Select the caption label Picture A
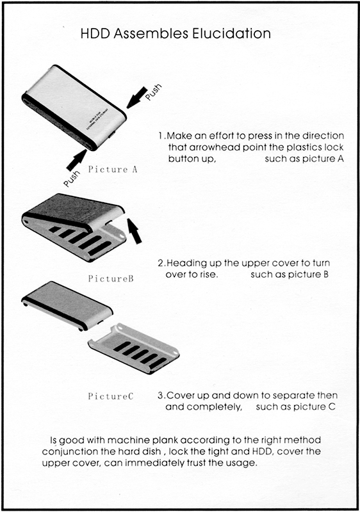click(113, 170)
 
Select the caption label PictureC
click(110, 396)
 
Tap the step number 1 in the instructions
click(161, 136)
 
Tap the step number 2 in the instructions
click(160, 263)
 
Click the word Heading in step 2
click(186, 263)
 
